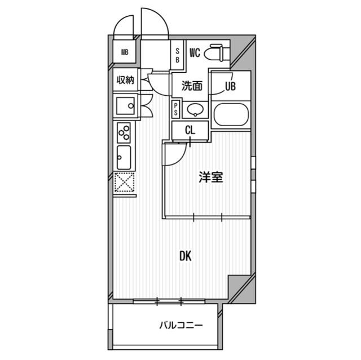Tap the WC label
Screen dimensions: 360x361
tap(195, 54)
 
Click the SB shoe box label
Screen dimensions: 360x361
tap(177, 55)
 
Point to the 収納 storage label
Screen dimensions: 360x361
tap(125, 80)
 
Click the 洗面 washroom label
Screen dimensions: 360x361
tap(192, 86)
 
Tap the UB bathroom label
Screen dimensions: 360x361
tap(230, 86)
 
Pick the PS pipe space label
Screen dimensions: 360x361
tap(175, 108)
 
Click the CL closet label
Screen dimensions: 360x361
tap(191, 130)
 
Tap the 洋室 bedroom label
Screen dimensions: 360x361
tap(211, 177)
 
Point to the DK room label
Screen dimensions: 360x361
tap(186, 256)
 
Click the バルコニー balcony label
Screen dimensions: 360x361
tap(181, 325)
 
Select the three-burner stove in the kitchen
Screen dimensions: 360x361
tap(124, 133)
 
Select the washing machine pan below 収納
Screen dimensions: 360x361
tap(125, 105)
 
